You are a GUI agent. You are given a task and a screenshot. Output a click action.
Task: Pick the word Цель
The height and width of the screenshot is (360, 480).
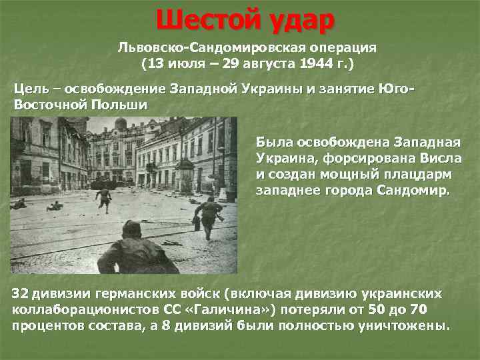click(33, 90)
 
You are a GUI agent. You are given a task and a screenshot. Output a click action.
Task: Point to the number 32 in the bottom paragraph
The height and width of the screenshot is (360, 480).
click(21, 294)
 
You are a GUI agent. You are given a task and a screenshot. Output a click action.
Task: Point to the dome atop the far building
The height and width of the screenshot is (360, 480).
click(120, 125)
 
